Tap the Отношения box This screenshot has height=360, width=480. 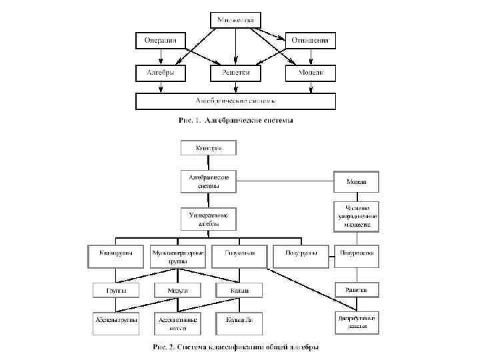coord(310,41)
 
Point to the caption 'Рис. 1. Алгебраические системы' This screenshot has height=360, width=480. coord(235,121)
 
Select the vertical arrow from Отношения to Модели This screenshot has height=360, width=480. coord(310,57)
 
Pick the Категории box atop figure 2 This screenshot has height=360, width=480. coord(209,148)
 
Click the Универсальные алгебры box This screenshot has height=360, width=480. coord(209,219)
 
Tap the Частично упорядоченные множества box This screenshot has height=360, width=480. coord(356,216)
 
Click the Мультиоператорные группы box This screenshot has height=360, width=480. coord(178,257)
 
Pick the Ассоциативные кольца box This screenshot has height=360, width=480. coord(178,323)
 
